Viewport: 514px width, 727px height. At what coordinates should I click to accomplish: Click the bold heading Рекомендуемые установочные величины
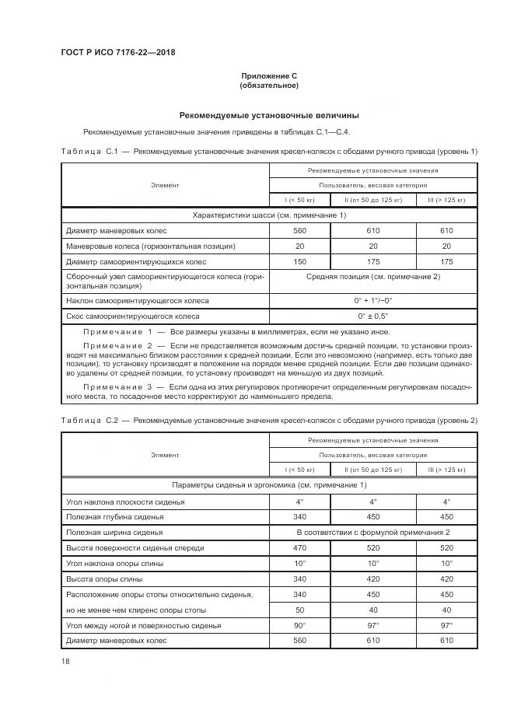pyautogui.click(x=269, y=115)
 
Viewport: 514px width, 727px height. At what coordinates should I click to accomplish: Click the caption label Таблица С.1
pyautogui.click(x=88, y=150)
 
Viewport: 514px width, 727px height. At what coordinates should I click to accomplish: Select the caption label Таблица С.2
pyautogui.click(x=88, y=421)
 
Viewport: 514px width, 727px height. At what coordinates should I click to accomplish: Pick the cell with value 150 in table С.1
pyautogui.click(x=299, y=262)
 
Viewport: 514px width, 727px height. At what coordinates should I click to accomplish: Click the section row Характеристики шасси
pyautogui.click(x=269, y=215)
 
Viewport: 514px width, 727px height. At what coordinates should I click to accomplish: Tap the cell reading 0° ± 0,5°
pyautogui.click(x=372, y=316)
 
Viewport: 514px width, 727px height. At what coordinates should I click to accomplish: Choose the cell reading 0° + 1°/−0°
pyautogui.click(x=372, y=300)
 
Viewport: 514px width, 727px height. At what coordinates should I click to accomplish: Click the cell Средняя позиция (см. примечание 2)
pyautogui.click(x=372, y=277)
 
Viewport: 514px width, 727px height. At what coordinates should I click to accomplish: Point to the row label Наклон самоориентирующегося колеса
pyautogui.click(x=138, y=300)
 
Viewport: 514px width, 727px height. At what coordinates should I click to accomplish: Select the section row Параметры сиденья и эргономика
pyautogui.click(x=269, y=485)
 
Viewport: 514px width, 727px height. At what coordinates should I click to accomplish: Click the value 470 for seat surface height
pyautogui.click(x=299, y=548)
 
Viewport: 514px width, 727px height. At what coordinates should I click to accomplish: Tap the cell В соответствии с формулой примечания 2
pyautogui.click(x=372, y=533)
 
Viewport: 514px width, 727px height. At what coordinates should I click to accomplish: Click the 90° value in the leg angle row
pyautogui.click(x=299, y=625)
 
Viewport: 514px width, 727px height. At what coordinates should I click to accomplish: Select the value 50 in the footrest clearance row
pyautogui.click(x=299, y=610)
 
